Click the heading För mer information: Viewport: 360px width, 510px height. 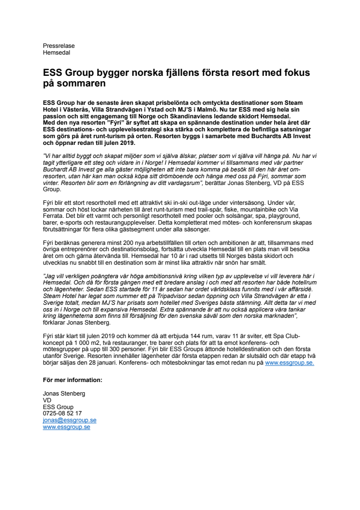point(72,380)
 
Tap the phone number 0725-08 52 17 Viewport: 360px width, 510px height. point(62,413)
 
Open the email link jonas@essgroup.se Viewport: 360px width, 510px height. point(69,420)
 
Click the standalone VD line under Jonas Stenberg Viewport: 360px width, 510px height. point(47,400)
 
